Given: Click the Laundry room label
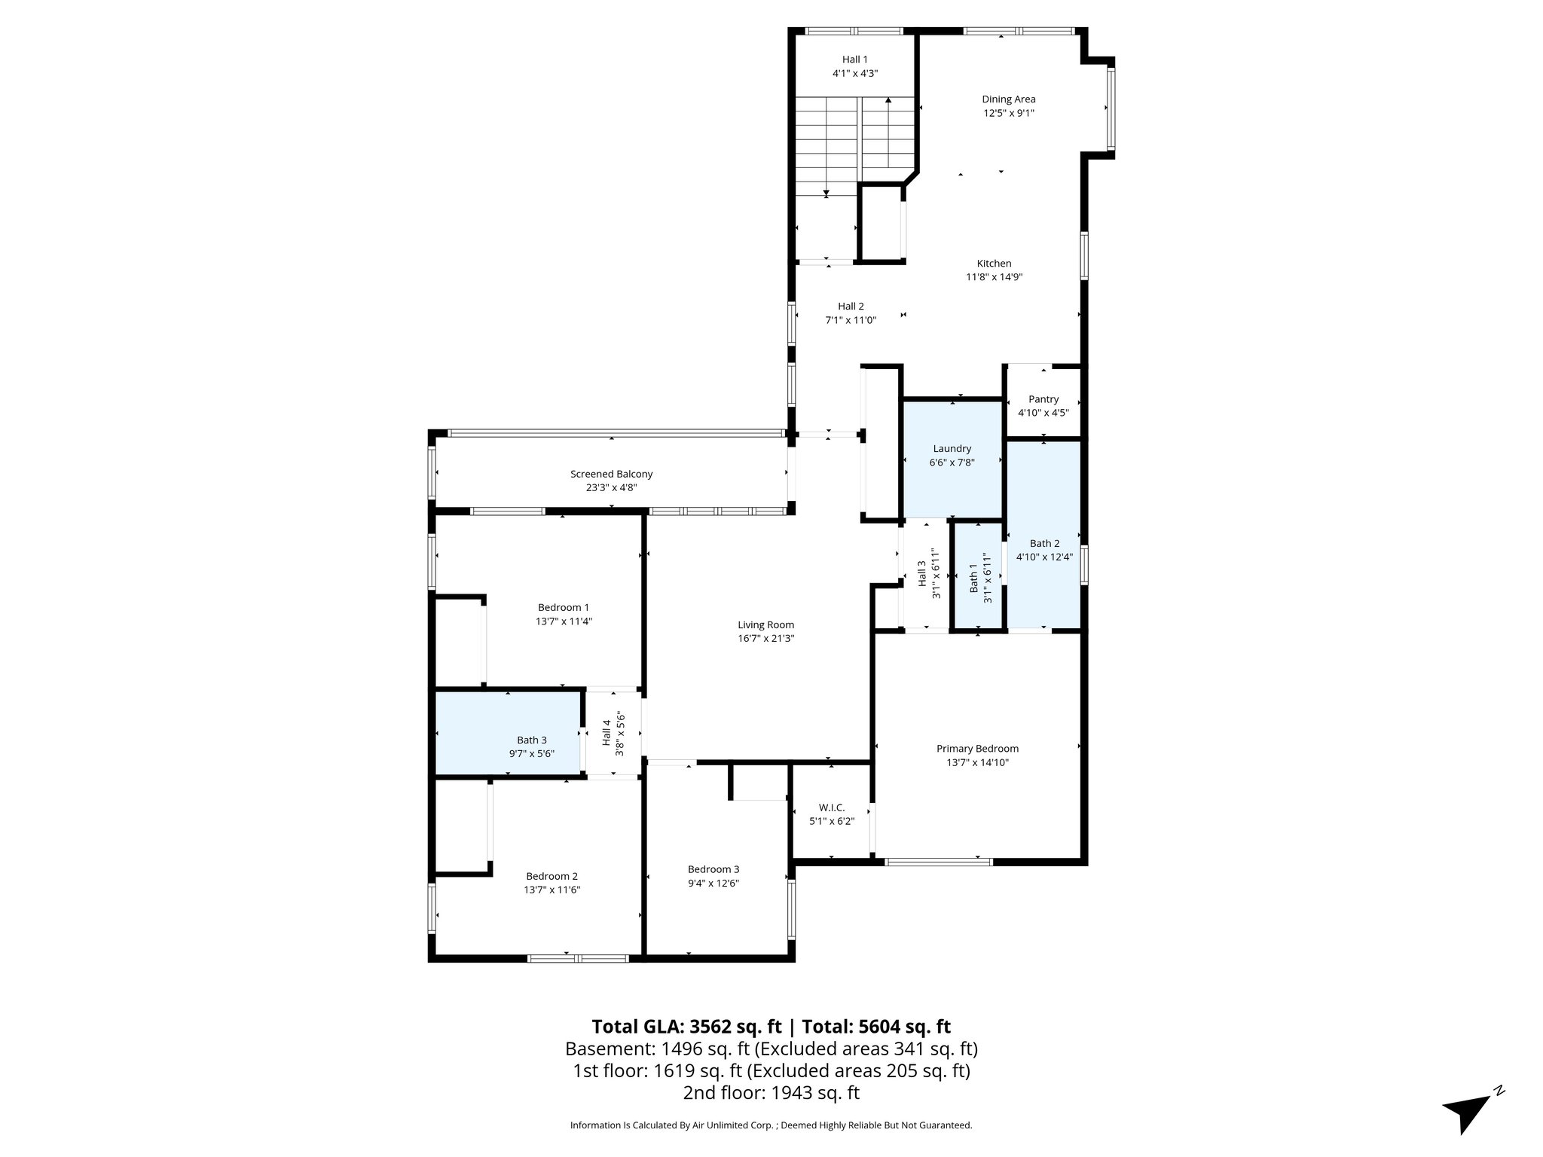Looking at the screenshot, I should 952,448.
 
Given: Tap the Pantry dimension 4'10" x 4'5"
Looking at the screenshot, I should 1043,413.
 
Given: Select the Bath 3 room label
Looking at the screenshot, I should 531,740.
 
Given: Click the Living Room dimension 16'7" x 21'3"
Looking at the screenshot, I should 765,638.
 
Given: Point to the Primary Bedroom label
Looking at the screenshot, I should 977,748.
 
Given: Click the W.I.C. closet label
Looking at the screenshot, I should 831,807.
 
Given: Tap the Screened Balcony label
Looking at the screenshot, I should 611,474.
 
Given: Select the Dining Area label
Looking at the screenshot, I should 1008,99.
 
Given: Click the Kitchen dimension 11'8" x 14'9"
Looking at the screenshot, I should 994,276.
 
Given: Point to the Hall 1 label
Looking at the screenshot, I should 854,60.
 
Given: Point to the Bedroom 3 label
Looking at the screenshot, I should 713,869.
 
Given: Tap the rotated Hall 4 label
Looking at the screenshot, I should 607,733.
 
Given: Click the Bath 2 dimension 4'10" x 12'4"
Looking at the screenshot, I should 1043,557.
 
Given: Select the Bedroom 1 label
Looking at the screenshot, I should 563,607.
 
